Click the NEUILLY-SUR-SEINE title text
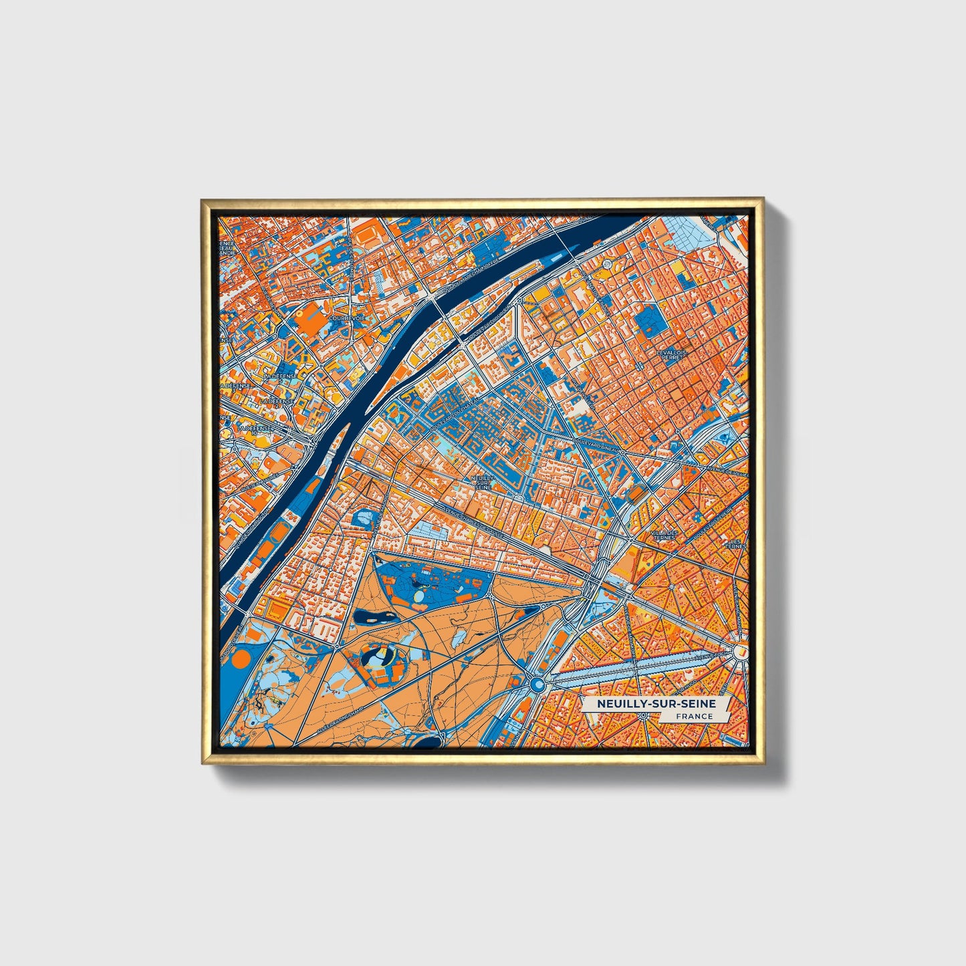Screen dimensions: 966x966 pyautogui.click(x=656, y=703)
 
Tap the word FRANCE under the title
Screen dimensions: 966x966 pyautogui.click(x=693, y=716)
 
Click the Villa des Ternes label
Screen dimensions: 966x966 pyautogui.click(x=665, y=535)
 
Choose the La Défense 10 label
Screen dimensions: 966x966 pyautogui.click(x=255, y=429)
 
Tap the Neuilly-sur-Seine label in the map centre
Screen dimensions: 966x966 pyautogui.click(x=481, y=482)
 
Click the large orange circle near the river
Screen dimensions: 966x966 pyautogui.click(x=240, y=659)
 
